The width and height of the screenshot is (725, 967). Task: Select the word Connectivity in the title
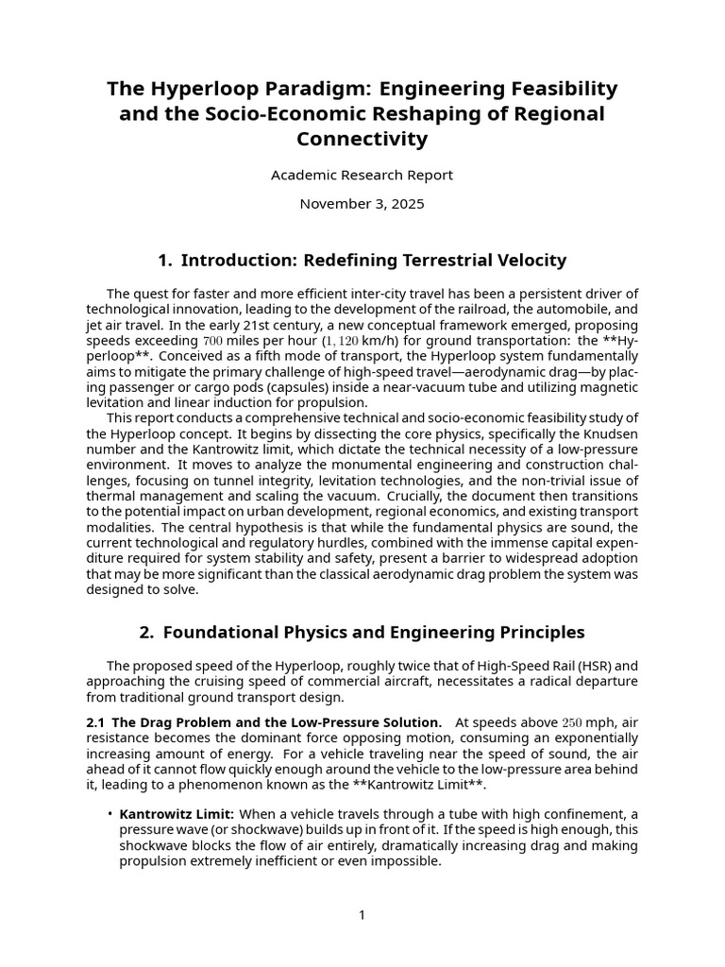362,140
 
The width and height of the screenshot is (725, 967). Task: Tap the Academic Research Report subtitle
362,175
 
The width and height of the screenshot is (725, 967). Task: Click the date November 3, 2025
362,203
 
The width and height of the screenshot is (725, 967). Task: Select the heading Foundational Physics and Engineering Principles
374,632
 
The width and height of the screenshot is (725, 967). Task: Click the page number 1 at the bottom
362,914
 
